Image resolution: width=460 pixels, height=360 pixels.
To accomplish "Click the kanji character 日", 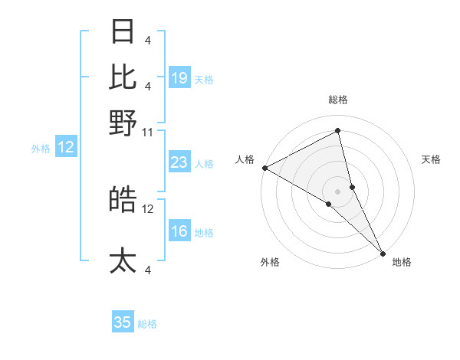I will pyautogui.click(x=123, y=33).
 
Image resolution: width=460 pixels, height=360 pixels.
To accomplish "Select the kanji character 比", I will pyautogui.click(x=123, y=77).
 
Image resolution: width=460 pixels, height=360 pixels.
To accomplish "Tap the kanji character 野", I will pyautogui.click(x=123, y=123).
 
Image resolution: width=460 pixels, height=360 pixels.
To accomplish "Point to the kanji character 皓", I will pyautogui.click(x=123, y=200).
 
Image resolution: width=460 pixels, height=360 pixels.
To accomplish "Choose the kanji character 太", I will pyautogui.click(x=123, y=260).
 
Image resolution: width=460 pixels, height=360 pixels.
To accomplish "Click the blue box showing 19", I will pyautogui.click(x=179, y=78).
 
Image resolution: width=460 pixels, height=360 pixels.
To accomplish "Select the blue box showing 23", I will pyautogui.click(x=179, y=162).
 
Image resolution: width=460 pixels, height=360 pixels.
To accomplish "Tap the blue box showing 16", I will pyautogui.click(x=179, y=232).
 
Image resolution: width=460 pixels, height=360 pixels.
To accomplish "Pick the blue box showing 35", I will pyautogui.click(x=123, y=322).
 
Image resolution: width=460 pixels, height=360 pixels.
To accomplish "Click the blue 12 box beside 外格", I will pyautogui.click(x=66, y=148).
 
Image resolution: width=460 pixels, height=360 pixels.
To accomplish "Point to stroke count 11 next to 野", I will pyautogui.click(x=148, y=132).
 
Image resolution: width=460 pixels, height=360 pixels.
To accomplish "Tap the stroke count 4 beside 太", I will pyautogui.click(x=148, y=270).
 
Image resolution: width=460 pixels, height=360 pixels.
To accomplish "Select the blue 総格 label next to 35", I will pyautogui.click(x=147, y=324).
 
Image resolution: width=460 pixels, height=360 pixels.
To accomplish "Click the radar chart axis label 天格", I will pyautogui.click(x=431, y=159).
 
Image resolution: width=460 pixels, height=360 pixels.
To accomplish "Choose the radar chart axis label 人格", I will pyautogui.click(x=245, y=159).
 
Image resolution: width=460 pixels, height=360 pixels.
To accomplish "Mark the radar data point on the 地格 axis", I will pyautogui.click(x=383, y=253).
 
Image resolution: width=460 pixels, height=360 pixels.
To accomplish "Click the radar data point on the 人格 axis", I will pyautogui.click(x=264, y=168).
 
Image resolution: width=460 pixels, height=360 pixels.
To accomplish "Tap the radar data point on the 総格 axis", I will pyautogui.click(x=338, y=132).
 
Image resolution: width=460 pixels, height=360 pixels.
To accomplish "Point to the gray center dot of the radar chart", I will pyautogui.click(x=338, y=191).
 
